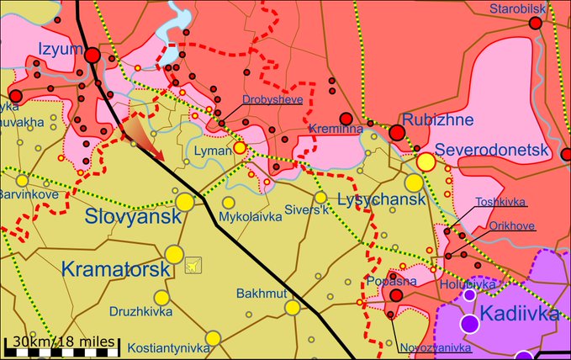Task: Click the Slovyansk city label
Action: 134,216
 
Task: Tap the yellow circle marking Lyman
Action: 240,147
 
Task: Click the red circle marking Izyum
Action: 93,56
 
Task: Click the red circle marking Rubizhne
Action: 397,132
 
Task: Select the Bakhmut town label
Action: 263,292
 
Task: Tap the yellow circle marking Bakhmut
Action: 293,308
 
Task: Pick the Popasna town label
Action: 388,281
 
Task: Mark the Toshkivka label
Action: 501,202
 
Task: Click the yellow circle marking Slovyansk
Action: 185,202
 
